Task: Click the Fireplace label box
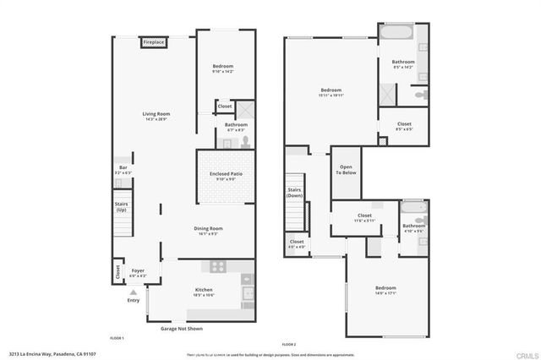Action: pos(153,41)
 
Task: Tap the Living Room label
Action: pos(156,117)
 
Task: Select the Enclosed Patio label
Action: pos(226,176)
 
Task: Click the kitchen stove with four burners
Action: pos(218,266)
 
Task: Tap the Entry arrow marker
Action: pos(133,292)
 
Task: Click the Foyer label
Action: pos(138,273)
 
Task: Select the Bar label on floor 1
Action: pos(123,169)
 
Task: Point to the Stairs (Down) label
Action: pos(295,192)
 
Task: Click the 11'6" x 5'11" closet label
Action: pos(364,218)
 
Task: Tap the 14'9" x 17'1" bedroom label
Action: pos(385,289)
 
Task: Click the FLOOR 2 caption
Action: pos(289,345)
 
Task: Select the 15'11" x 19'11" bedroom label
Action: pos(331,93)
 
